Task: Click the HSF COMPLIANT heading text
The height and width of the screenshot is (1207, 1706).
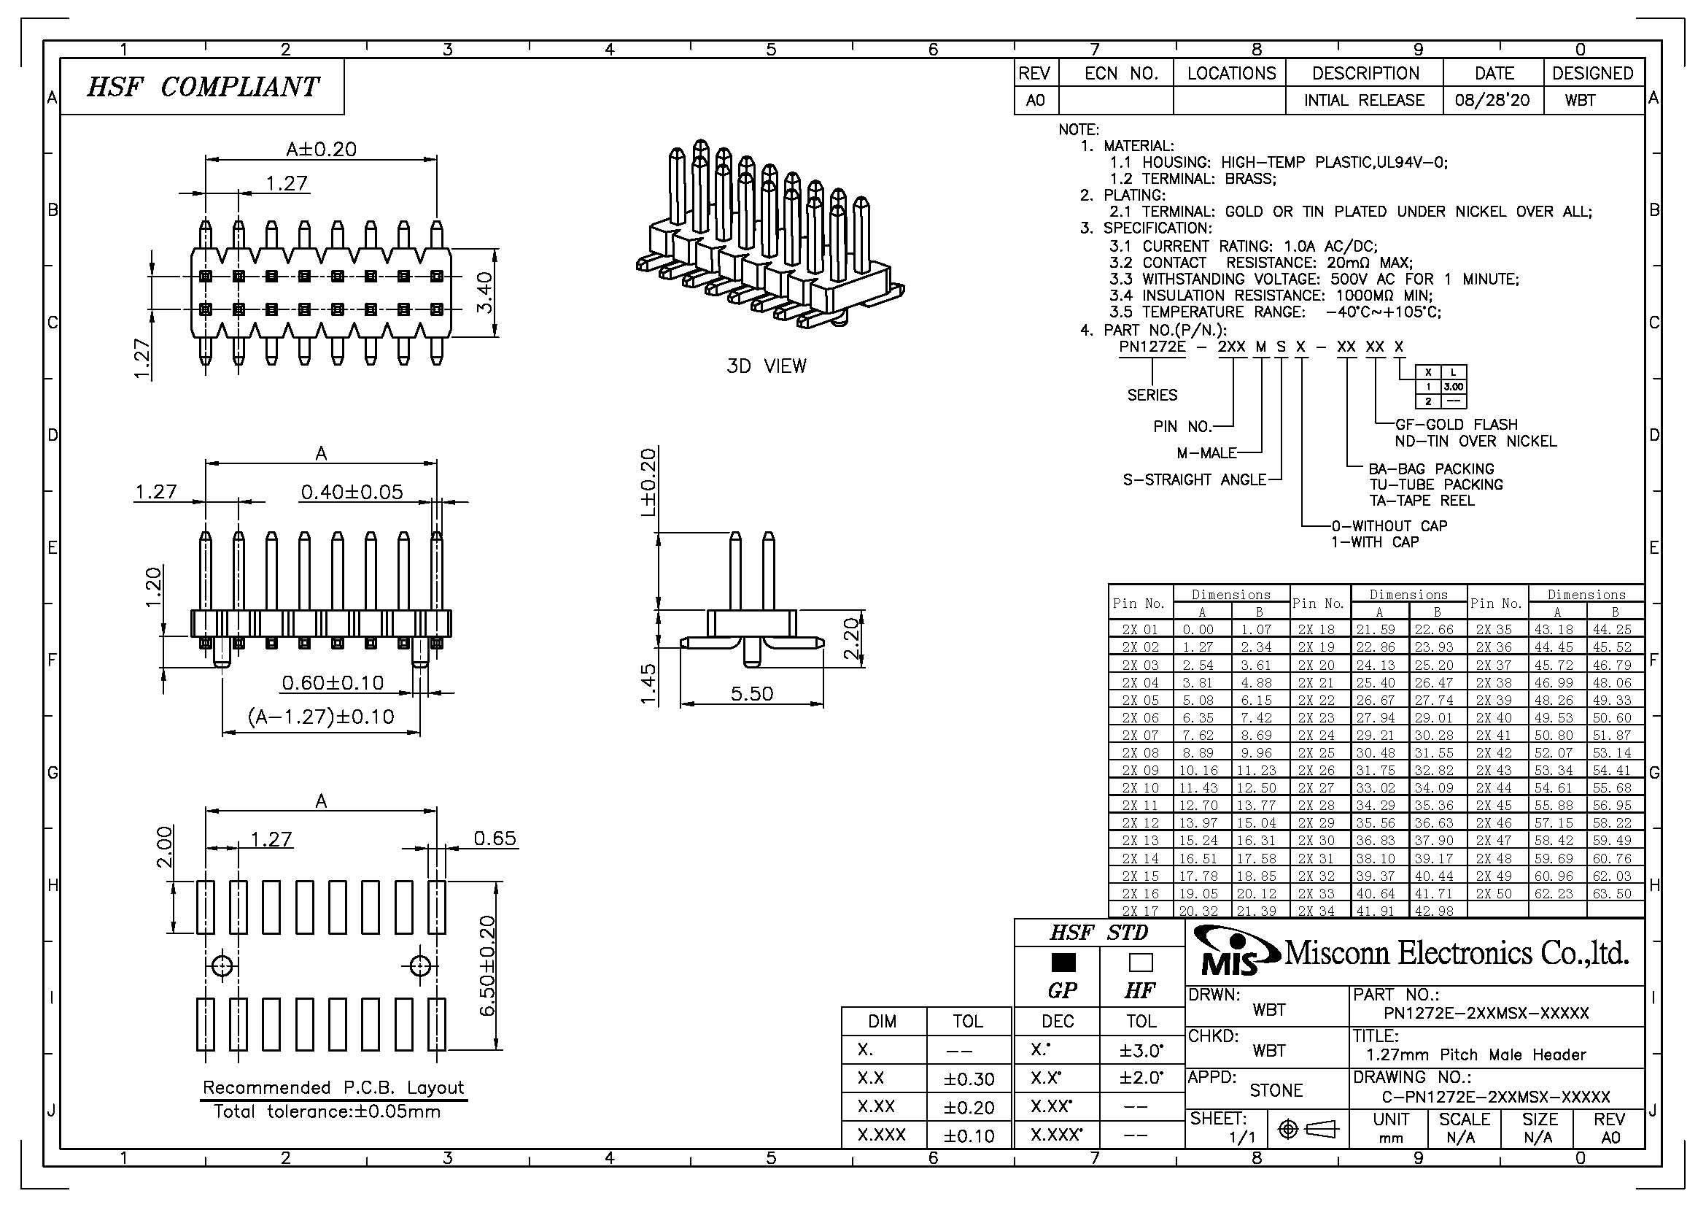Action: [x=202, y=87]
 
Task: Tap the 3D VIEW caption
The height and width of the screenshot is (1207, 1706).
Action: [x=766, y=366]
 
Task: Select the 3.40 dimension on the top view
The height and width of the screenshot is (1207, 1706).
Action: [x=484, y=293]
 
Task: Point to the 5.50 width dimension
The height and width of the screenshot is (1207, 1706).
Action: [x=752, y=693]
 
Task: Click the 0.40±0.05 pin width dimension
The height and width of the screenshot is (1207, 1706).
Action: [x=352, y=491]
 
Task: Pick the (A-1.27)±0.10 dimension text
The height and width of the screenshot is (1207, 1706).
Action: [x=321, y=717]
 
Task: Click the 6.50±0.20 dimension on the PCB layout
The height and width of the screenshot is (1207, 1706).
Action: [x=486, y=965]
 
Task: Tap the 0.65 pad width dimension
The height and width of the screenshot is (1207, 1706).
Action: [x=495, y=838]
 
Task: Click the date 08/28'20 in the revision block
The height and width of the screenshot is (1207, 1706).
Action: [x=1493, y=100]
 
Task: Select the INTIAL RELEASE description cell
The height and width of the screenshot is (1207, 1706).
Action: [x=1364, y=100]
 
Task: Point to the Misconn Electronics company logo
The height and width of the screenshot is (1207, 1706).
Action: [x=1230, y=953]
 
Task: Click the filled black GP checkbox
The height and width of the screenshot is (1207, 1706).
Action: [x=1063, y=963]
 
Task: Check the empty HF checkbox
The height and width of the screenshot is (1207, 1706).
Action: [x=1141, y=963]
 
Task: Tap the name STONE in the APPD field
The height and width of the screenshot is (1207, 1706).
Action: [x=1276, y=1090]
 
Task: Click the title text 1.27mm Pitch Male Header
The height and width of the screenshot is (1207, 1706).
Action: [x=1476, y=1054]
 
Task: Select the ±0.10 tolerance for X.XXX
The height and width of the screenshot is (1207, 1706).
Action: [x=969, y=1135]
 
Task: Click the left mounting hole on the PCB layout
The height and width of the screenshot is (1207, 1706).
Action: [x=222, y=966]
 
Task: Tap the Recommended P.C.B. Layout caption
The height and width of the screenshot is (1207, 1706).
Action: [x=333, y=1087]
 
